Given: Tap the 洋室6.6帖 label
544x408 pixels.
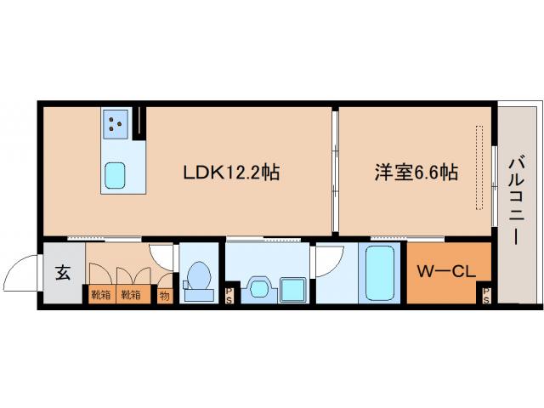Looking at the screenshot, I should tap(416, 173).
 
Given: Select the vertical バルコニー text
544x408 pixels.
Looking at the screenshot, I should tap(516, 201).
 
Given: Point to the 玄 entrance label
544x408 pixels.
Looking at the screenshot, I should tap(63, 273).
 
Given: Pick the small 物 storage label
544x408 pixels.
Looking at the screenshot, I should tap(164, 296).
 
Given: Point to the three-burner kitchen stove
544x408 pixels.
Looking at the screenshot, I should tap(116, 125).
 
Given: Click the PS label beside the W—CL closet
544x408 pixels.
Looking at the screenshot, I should tap(485, 296).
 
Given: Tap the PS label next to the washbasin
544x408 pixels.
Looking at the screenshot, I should tap(229, 296).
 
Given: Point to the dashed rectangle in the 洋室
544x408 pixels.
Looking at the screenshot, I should tap(479, 168).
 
